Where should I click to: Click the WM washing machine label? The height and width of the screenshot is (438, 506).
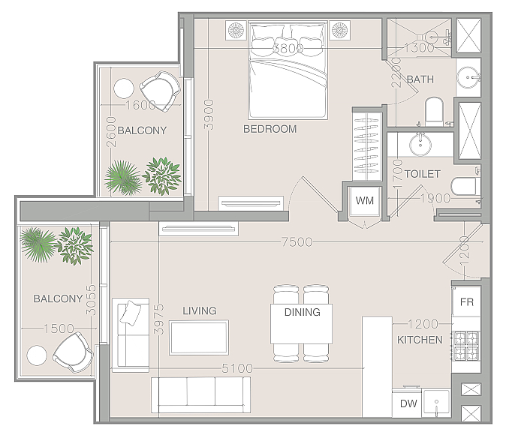coord(365,200)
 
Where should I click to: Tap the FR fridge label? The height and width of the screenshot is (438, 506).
coord(467,302)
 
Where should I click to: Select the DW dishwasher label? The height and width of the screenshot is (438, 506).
coord(408,403)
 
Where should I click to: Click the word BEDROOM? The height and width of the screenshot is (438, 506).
coord(270,129)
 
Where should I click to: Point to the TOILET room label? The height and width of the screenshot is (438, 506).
coord(423,174)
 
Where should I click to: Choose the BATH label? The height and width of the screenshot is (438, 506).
coord(420,79)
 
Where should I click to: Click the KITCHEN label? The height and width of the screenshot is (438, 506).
coord(420,340)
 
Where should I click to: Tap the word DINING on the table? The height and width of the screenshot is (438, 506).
coord(303,312)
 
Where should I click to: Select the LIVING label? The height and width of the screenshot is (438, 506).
coord(200,310)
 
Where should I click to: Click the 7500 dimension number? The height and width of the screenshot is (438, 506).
coord(297,241)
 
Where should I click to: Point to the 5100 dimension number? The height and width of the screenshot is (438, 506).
coord(237,368)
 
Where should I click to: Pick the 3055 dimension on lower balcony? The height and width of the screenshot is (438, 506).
coord(91,300)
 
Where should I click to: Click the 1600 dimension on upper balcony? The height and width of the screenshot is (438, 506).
coord(140,105)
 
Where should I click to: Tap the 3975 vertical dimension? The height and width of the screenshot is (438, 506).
coord(158,319)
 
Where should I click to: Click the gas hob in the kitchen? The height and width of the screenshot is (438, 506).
coord(466,346)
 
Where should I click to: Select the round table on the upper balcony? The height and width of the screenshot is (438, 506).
coord(124,88)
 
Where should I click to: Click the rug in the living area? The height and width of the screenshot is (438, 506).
coord(199,337)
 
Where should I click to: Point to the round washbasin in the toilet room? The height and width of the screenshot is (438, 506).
coord(420,145)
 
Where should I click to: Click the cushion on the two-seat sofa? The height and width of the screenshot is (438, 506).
coord(131,312)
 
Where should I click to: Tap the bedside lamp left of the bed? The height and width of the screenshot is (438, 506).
coord(236,31)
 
